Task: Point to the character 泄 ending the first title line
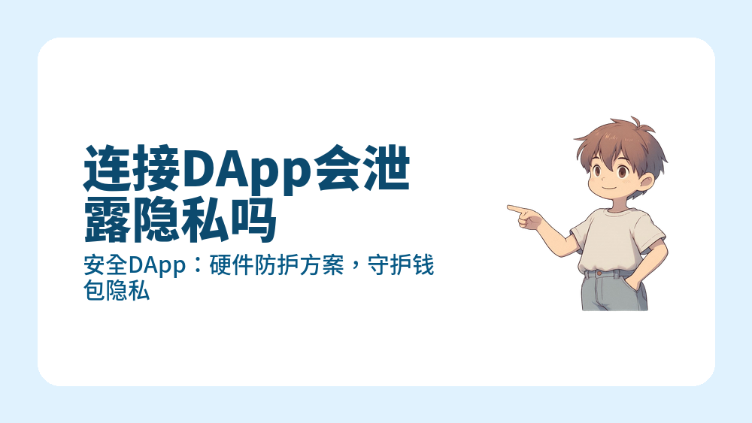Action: coord(387,171)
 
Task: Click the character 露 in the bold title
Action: coord(107,219)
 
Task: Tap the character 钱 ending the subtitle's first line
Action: coord(424,266)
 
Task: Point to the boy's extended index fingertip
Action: coord(510,207)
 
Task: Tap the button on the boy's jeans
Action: coord(599,274)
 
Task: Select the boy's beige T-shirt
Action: coord(613,240)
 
